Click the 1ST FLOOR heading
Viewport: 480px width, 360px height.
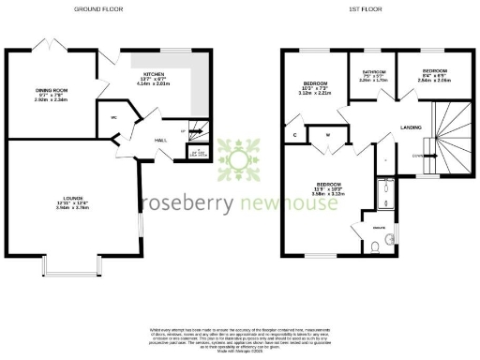pyautogui.click(x=364, y=8)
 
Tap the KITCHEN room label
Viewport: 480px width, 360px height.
pyautogui.click(x=153, y=72)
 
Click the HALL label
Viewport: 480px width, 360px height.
pyautogui.click(x=160, y=140)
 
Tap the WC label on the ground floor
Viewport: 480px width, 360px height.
pyautogui.click(x=112, y=117)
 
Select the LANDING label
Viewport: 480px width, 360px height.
pyautogui.click(x=410, y=127)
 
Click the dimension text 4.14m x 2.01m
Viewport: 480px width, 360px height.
pyautogui.click(x=153, y=83)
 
